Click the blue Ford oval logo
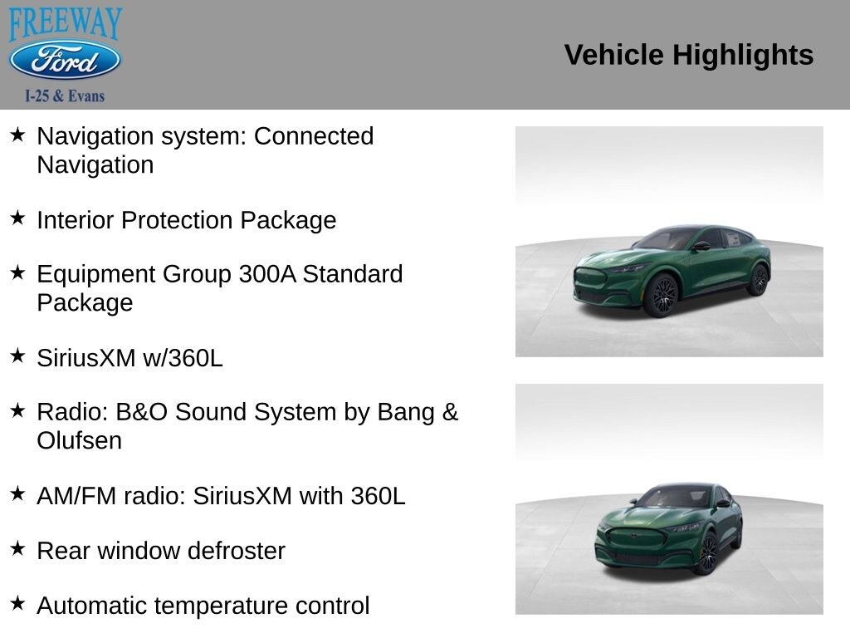(65, 61)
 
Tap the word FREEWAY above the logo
(65, 23)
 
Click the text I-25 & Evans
(65, 96)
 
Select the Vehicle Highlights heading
(688, 55)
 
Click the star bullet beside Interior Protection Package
(17, 218)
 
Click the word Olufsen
(79, 440)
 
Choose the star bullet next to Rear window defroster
(17, 548)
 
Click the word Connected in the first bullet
(314, 136)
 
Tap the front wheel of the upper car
(662, 296)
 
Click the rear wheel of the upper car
(758, 280)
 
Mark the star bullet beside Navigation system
(17, 134)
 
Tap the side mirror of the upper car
(701, 246)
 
